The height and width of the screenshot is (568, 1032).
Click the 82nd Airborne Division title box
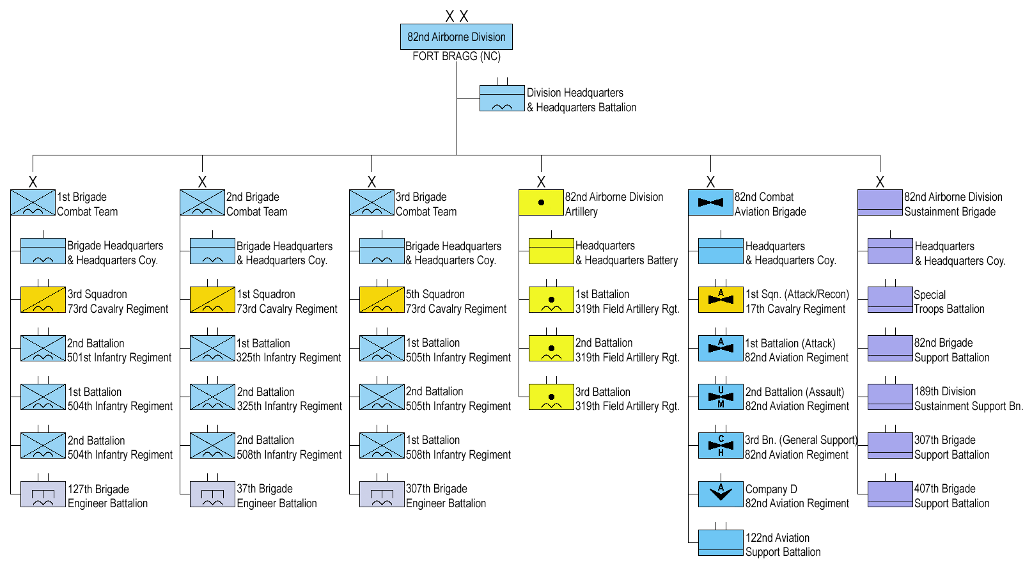456,37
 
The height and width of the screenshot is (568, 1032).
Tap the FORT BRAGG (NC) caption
456,56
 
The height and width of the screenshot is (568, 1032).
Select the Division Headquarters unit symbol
502,99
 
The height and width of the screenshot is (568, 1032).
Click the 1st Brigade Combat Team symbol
33,203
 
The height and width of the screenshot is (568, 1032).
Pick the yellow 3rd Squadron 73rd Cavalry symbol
43,299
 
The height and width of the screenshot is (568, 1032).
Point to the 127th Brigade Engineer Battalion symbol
43,494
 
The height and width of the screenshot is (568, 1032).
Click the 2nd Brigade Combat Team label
256,204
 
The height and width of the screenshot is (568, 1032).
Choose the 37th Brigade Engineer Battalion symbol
212,494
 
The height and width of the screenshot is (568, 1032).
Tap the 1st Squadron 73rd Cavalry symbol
212,299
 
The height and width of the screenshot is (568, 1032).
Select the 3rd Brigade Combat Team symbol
371,203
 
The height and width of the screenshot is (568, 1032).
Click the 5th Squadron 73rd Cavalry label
456,301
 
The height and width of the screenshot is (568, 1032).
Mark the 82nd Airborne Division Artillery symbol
541,203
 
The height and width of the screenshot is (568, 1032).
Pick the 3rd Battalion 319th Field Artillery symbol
551,397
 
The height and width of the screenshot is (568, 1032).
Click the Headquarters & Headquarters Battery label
626,253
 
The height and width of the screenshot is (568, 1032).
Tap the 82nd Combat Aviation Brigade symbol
710,203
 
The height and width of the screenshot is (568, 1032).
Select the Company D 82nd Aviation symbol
721,494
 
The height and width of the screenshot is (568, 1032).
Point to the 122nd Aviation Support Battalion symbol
721,543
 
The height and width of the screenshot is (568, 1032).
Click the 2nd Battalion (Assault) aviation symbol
721,397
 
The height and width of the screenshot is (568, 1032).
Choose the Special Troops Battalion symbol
890,300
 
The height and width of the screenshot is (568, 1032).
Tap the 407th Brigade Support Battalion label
951,496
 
